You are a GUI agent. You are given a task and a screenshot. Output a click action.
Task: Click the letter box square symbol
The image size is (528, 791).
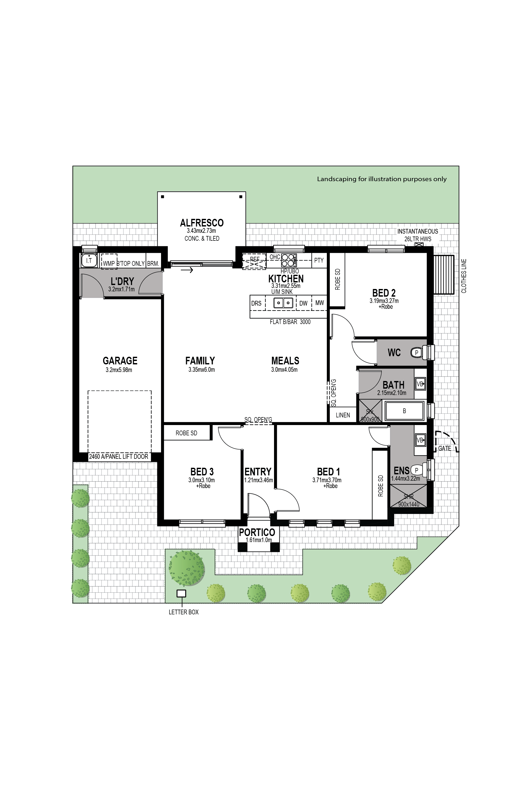pos(181,594)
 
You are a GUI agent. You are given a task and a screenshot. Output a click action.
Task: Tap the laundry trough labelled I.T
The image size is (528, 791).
pos(89,261)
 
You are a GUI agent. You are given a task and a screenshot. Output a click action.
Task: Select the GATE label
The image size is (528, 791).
pos(445,448)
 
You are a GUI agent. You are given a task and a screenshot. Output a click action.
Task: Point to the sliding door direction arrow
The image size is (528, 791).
pos(187,270)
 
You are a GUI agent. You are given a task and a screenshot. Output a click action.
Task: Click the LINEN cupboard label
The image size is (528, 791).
pos(343,415)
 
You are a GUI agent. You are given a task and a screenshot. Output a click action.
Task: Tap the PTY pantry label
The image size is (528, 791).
pos(319,260)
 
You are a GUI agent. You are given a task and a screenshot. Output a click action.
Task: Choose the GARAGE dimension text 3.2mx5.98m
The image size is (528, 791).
pos(119,370)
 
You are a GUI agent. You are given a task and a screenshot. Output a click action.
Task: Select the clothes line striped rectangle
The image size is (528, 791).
pos(444,275)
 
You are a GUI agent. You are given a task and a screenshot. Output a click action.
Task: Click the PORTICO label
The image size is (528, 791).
pos(257,532)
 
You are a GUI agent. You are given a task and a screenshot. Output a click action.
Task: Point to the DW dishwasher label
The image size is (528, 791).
pos(303,303)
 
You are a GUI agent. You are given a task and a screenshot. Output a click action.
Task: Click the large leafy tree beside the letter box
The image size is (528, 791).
pos(187,568)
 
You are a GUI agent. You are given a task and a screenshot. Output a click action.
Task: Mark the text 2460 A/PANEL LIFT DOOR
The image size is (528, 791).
pos(119,456)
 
